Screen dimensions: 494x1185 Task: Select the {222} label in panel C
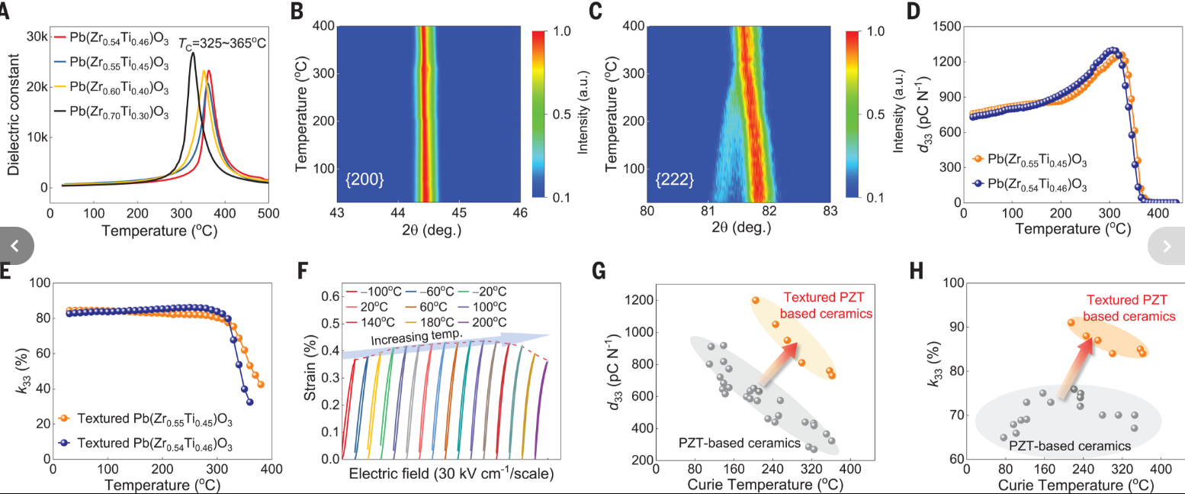point(675,181)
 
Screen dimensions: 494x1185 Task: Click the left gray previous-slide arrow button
point(17,246)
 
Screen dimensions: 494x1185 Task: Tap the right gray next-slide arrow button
point(1167,246)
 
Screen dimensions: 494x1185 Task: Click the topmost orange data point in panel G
point(755,301)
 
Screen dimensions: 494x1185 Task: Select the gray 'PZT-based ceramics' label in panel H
point(1069,446)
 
